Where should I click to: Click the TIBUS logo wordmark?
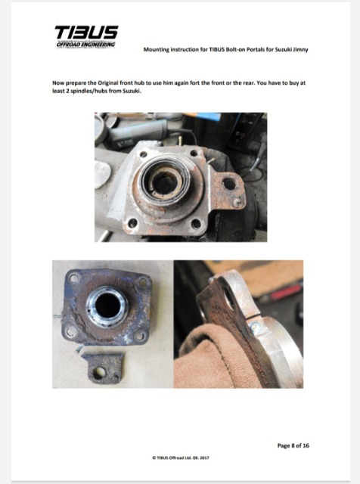(86, 33)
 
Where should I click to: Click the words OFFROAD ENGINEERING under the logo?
(85, 45)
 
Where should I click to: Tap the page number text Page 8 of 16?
(293, 445)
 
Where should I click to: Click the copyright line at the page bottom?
(181, 458)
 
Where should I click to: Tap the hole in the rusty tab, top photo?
(229, 184)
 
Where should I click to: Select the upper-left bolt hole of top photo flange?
(143, 154)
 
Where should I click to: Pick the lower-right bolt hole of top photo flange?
(197, 224)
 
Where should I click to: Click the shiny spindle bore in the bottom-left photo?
(107, 306)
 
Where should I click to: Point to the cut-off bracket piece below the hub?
(103, 368)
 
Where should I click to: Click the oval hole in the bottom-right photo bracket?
(229, 299)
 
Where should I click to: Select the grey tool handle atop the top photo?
(139, 133)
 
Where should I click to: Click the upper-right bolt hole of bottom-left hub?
(143, 282)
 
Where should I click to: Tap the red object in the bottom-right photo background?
(286, 292)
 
